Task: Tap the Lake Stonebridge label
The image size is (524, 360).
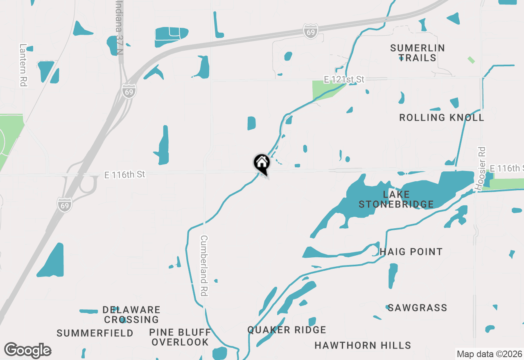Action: pyautogui.click(x=396, y=199)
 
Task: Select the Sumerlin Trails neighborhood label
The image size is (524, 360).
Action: pyautogui.click(x=417, y=53)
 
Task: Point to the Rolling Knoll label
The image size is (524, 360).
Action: pyautogui.click(x=441, y=118)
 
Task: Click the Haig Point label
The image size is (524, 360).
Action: pyautogui.click(x=411, y=252)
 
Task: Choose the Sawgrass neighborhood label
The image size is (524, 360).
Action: pyautogui.click(x=417, y=308)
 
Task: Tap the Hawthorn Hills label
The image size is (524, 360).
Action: pyautogui.click(x=363, y=346)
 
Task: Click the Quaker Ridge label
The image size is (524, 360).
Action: pyautogui.click(x=287, y=330)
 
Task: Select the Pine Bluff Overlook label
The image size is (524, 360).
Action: pyautogui.click(x=180, y=337)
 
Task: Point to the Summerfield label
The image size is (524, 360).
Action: pyautogui.click(x=95, y=333)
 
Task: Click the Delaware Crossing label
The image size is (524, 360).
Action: pyautogui.click(x=131, y=315)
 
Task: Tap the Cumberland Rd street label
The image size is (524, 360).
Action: pyautogui.click(x=204, y=266)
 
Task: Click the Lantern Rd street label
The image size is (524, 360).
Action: pyautogui.click(x=23, y=65)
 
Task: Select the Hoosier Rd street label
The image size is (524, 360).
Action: pyautogui.click(x=480, y=168)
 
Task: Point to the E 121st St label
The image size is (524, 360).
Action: pyautogui.click(x=344, y=79)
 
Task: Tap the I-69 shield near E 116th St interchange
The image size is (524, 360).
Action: pyautogui.click(x=65, y=205)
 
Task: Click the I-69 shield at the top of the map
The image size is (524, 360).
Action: pyautogui.click(x=311, y=32)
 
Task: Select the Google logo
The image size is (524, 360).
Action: pyautogui.click(x=27, y=350)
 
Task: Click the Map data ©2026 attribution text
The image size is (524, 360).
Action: pyautogui.click(x=489, y=354)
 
